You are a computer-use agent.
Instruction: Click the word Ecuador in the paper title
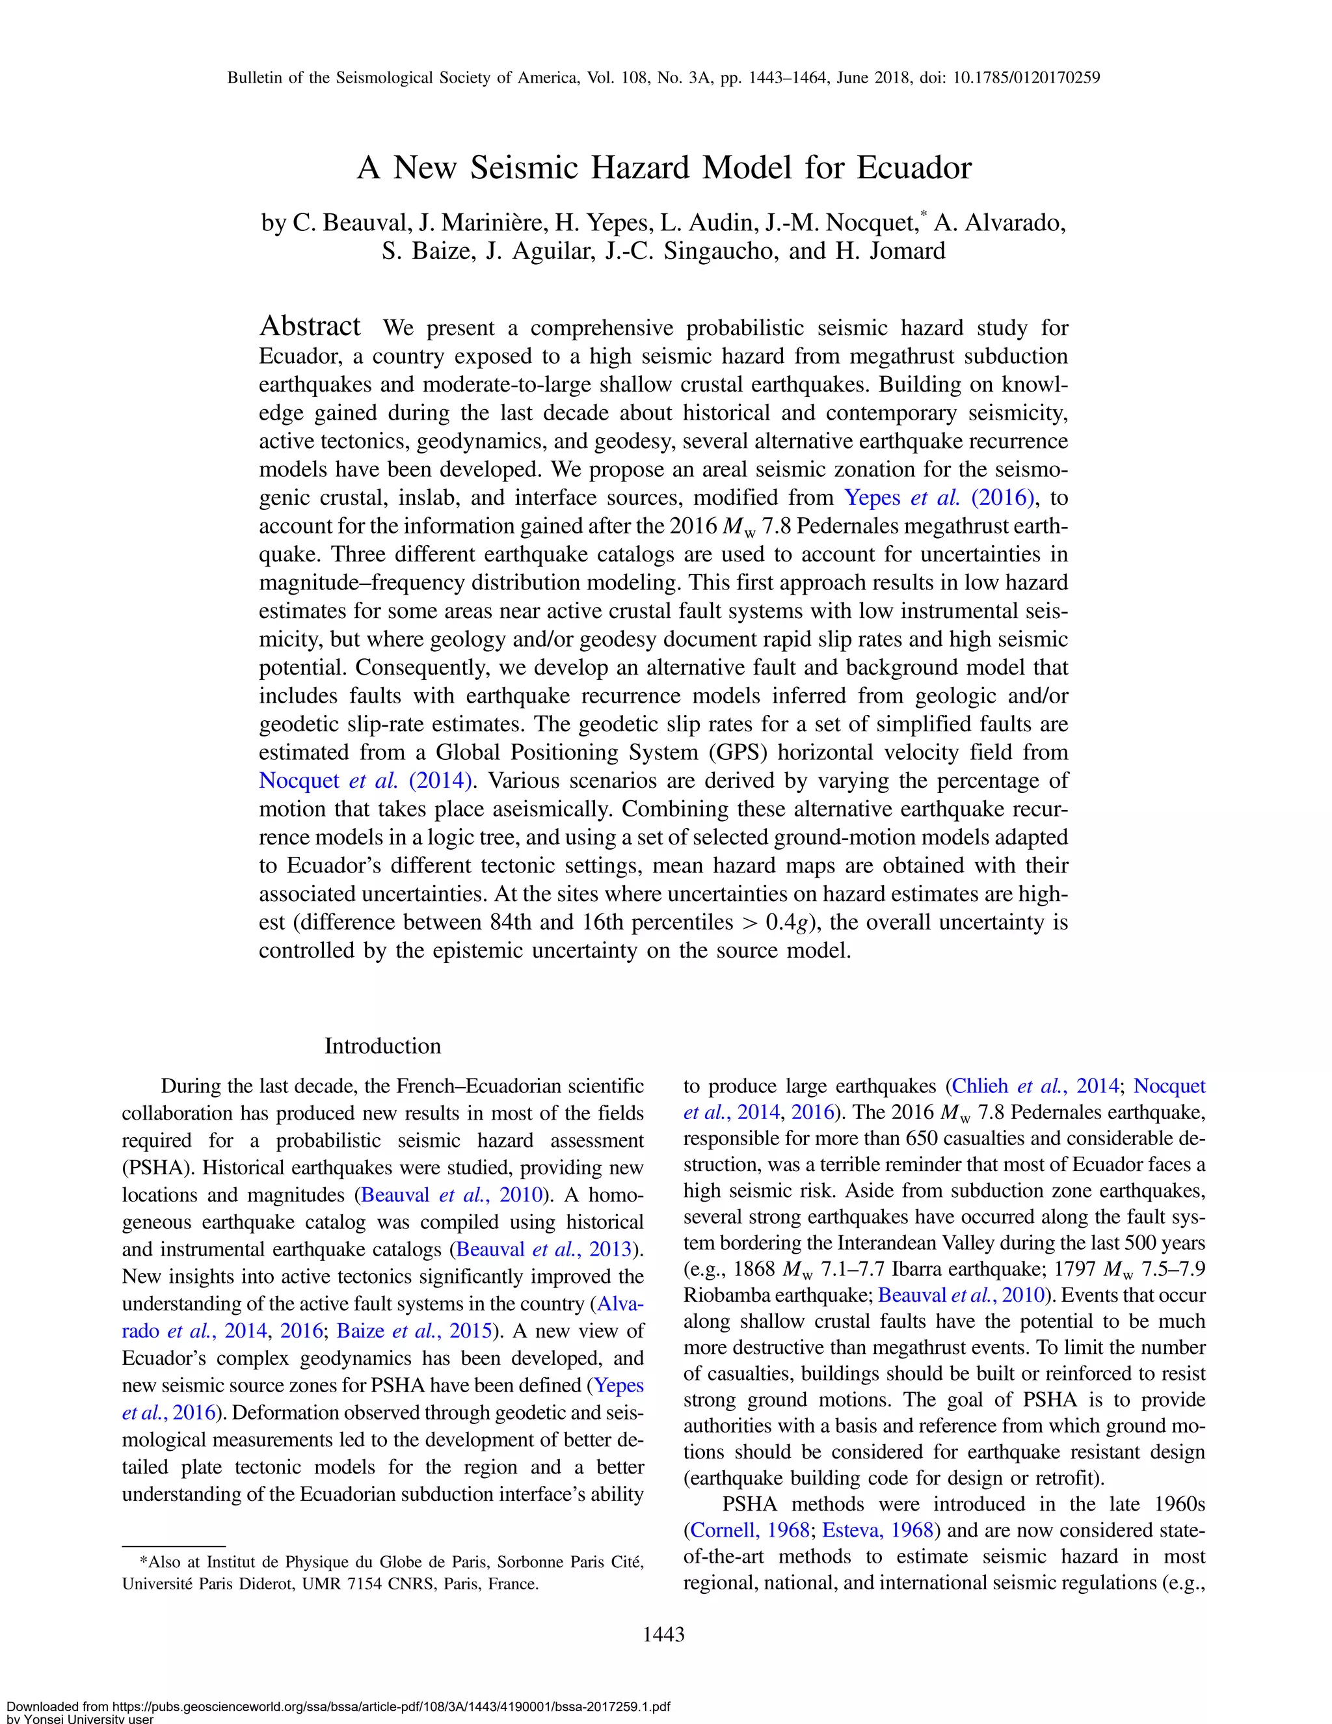[x=914, y=168]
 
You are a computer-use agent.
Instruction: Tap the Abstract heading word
[x=310, y=326]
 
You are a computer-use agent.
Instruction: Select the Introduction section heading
[x=382, y=1046]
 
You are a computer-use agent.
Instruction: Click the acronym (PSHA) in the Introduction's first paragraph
[x=155, y=1168]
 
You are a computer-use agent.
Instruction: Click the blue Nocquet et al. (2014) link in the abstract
[x=367, y=781]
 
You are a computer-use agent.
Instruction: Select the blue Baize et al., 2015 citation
[x=415, y=1331]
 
